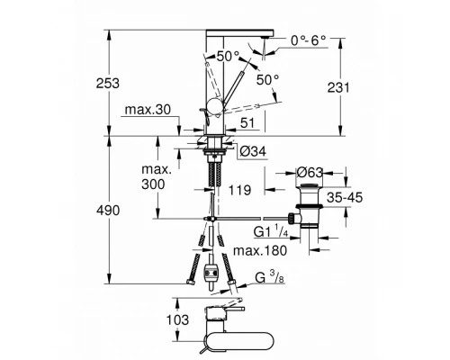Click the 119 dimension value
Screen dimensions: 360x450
238,192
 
